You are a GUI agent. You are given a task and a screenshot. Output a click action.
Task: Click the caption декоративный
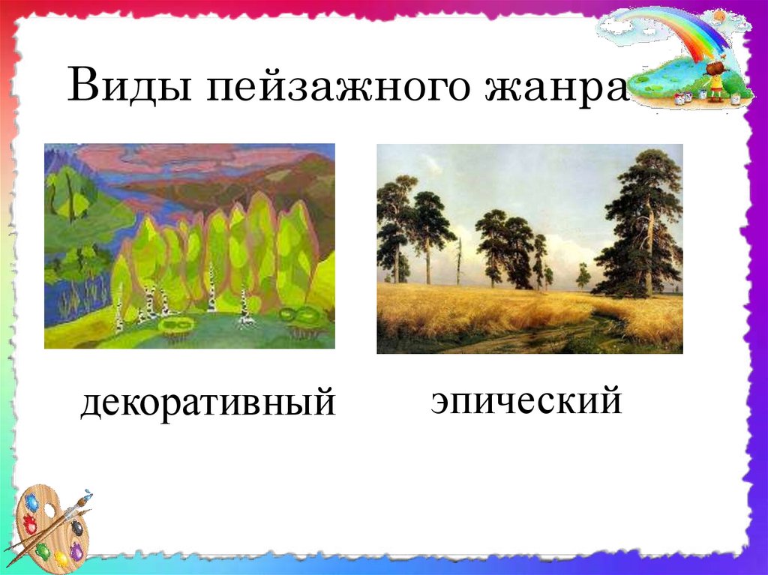[x=208, y=403]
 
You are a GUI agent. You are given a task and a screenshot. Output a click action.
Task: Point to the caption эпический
[x=526, y=400]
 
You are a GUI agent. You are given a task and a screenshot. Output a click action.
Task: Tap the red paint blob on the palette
[x=29, y=525]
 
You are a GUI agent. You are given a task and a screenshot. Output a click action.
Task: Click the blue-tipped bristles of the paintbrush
[x=87, y=496]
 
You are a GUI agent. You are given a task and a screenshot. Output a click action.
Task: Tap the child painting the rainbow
[x=715, y=79]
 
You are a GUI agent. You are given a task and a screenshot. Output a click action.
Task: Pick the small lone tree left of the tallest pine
[x=583, y=275]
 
